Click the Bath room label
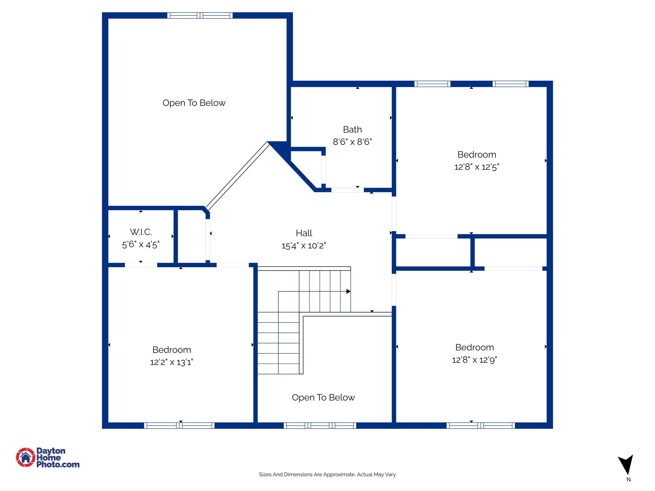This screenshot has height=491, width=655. click(x=352, y=130)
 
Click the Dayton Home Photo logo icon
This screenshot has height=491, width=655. click(x=26, y=457)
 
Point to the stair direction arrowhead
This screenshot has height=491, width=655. click(x=348, y=292)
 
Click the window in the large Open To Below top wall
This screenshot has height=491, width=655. click(x=200, y=15)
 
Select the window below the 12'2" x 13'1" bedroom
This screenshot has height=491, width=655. click(x=179, y=426)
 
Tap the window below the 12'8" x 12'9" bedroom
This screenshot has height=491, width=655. click(x=480, y=426)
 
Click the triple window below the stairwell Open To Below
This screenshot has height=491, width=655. click(x=320, y=426)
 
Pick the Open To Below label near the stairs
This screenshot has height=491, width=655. click(x=323, y=397)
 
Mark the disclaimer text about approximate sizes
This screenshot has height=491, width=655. click(x=327, y=474)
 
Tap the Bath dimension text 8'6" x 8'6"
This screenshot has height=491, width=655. click(x=352, y=142)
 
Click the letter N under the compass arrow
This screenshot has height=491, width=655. click(x=628, y=480)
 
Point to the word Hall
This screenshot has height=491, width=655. click(x=304, y=233)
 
